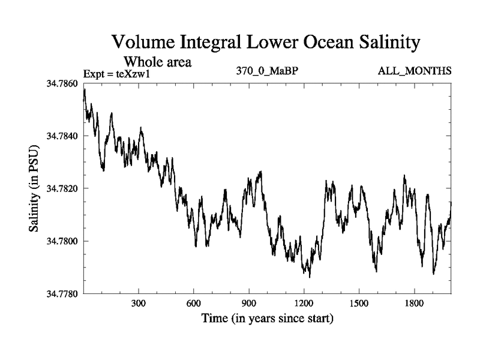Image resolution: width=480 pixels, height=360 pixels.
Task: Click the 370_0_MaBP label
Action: click(268, 71)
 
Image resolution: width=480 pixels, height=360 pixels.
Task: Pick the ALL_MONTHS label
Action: click(414, 71)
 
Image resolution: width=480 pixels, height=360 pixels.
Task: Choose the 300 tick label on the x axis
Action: click(139, 304)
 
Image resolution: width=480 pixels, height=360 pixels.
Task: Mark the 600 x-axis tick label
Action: click(194, 304)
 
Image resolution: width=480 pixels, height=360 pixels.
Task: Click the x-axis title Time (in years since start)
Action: click(267, 319)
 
